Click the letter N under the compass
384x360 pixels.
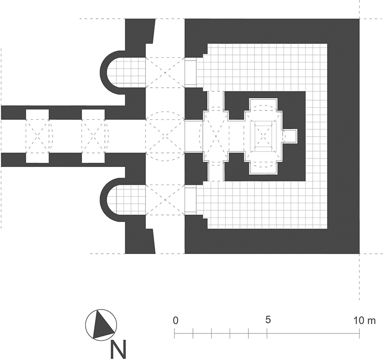coord(118,349)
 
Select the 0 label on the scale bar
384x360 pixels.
coord(175,320)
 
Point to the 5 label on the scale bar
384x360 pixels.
coord(268,319)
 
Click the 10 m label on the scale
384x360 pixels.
coord(364,320)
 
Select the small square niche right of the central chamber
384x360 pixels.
coord(290,136)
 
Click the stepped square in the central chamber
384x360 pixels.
coord(263,136)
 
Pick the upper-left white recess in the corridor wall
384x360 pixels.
coord(37,114)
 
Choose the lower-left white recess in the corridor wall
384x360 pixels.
coord(37,158)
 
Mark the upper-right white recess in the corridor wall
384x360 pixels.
coord(93,114)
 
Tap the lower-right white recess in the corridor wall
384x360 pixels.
coord(93,158)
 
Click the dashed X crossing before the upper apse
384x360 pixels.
coord(165,73)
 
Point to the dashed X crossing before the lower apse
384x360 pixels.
coord(165,200)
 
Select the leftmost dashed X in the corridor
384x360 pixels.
coord(37,136)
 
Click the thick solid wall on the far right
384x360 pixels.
coord(343,136)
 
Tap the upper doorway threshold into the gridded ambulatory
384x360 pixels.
coord(191,73)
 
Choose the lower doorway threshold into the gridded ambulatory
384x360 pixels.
coord(191,200)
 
